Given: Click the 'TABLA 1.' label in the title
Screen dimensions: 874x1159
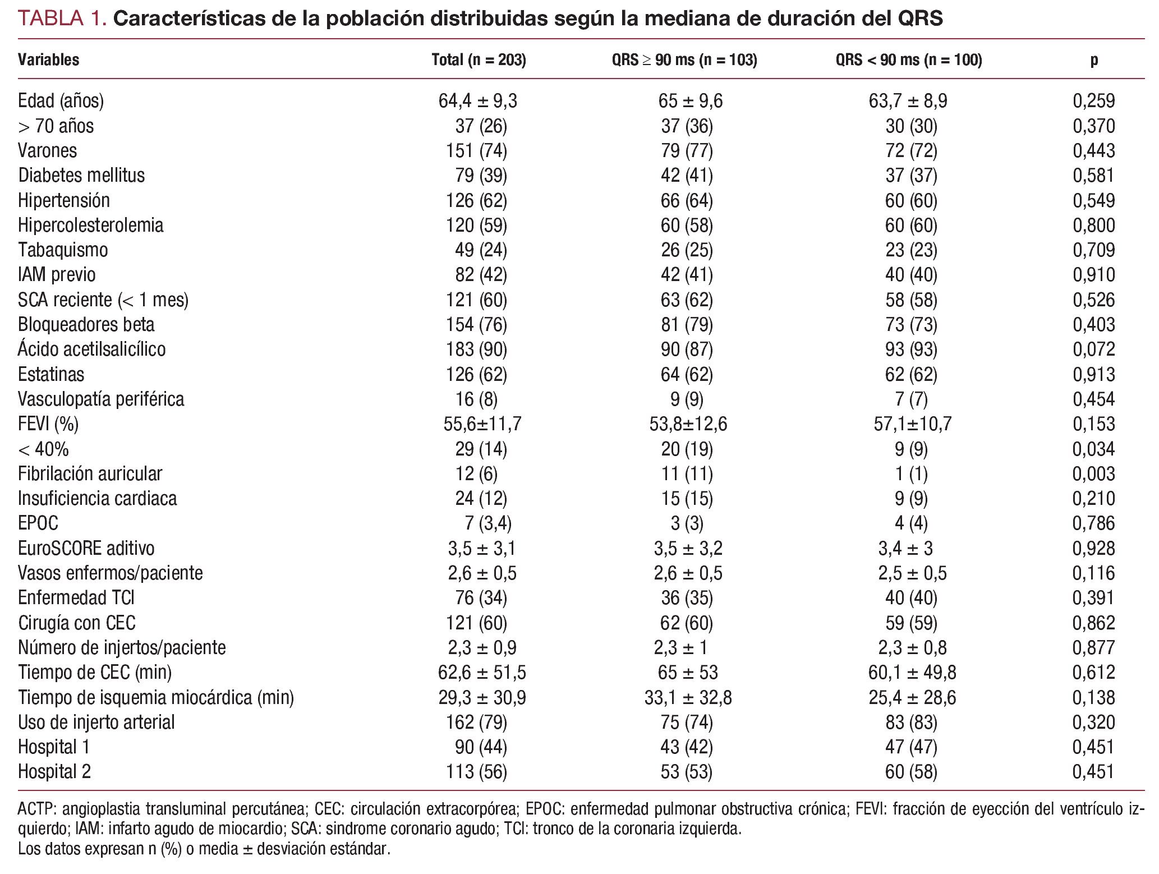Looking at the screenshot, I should coord(62,19).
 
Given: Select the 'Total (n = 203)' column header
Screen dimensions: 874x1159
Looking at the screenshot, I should coord(479,60).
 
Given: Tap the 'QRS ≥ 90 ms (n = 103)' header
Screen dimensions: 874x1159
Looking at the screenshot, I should coord(684,60).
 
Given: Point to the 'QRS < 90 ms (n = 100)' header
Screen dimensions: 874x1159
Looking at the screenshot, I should coord(909,60).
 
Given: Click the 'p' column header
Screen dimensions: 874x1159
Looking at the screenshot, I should coord(1094,60).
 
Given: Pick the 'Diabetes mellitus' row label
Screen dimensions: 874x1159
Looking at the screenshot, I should coord(81,176).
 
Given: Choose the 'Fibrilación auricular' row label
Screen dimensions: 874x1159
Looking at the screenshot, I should coord(90,474).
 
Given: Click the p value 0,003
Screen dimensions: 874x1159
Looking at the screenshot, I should coord(1094,474).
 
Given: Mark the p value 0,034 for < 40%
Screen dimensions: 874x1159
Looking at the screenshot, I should coord(1094,449).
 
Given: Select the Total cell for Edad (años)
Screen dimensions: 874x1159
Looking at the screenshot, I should coord(478,101).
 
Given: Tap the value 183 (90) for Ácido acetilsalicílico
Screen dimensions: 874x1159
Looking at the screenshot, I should coord(476,349).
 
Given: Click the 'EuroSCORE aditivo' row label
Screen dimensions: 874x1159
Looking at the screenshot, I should coord(86,549).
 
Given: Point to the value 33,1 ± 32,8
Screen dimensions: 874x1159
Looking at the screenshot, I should coord(688,698).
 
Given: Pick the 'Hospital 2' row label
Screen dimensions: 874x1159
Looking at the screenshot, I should coord(54,772).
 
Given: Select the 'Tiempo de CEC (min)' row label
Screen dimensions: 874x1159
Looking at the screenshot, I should coord(95,673).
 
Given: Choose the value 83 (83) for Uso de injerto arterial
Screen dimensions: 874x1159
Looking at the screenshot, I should coord(911,723).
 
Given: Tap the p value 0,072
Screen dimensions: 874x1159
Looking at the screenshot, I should coord(1094,349).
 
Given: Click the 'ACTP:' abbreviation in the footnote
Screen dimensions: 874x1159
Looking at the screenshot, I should coord(37,809).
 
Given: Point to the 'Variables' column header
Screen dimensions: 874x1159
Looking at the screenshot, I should coord(48,60).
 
